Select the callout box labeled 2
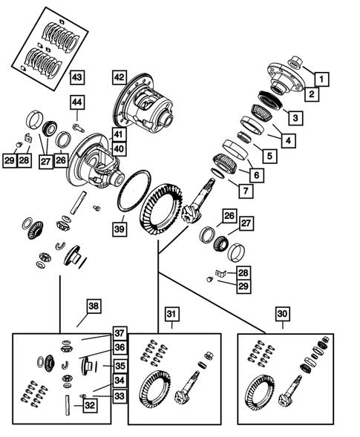pos(311,94)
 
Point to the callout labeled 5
pos(266,156)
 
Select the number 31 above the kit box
pos(171,315)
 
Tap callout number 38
pos(93,306)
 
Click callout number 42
pos(120,76)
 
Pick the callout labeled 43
pos(78,76)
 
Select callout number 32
pos(88,405)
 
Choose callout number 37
pos(119,333)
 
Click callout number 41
pos(119,134)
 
